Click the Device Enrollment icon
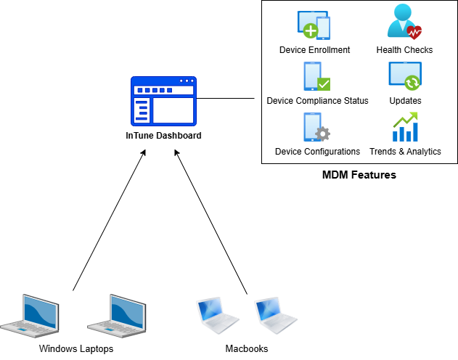pos(314,25)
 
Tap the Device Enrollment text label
pos(314,50)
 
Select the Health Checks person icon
pos(404,22)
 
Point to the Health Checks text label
pos(404,50)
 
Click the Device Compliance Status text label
pos(317,101)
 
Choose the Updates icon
pos(404,75)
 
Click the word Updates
pos(405,101)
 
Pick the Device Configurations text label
pos(317,152)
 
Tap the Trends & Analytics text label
pos(405,152)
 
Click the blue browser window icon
pos(163,101)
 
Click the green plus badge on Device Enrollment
pos(311,31)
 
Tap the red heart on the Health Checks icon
pos(414,32)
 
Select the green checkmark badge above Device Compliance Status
pos(324,83)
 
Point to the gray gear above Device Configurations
pos(324,134)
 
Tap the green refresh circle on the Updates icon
pos(412,82)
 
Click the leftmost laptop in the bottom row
pos(30,315)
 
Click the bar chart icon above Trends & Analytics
pos(405,128)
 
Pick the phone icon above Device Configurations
pos(311,127)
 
